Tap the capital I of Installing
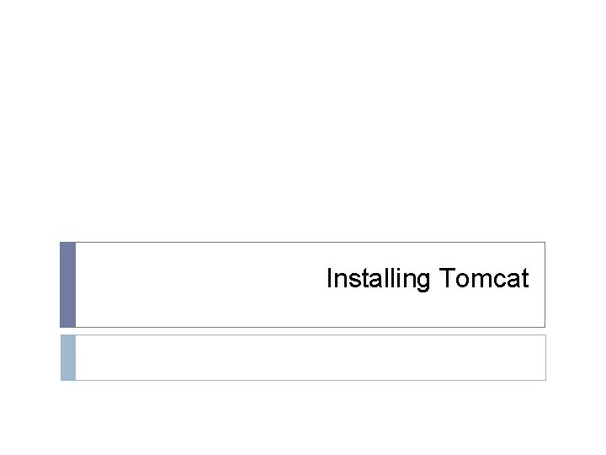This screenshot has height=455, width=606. [x=329, y=278]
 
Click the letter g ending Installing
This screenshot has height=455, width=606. [x=423, y=281]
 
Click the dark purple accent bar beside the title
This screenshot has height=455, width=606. [x=67, y=285]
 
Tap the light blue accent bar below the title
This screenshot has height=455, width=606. [x=67, y=357]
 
